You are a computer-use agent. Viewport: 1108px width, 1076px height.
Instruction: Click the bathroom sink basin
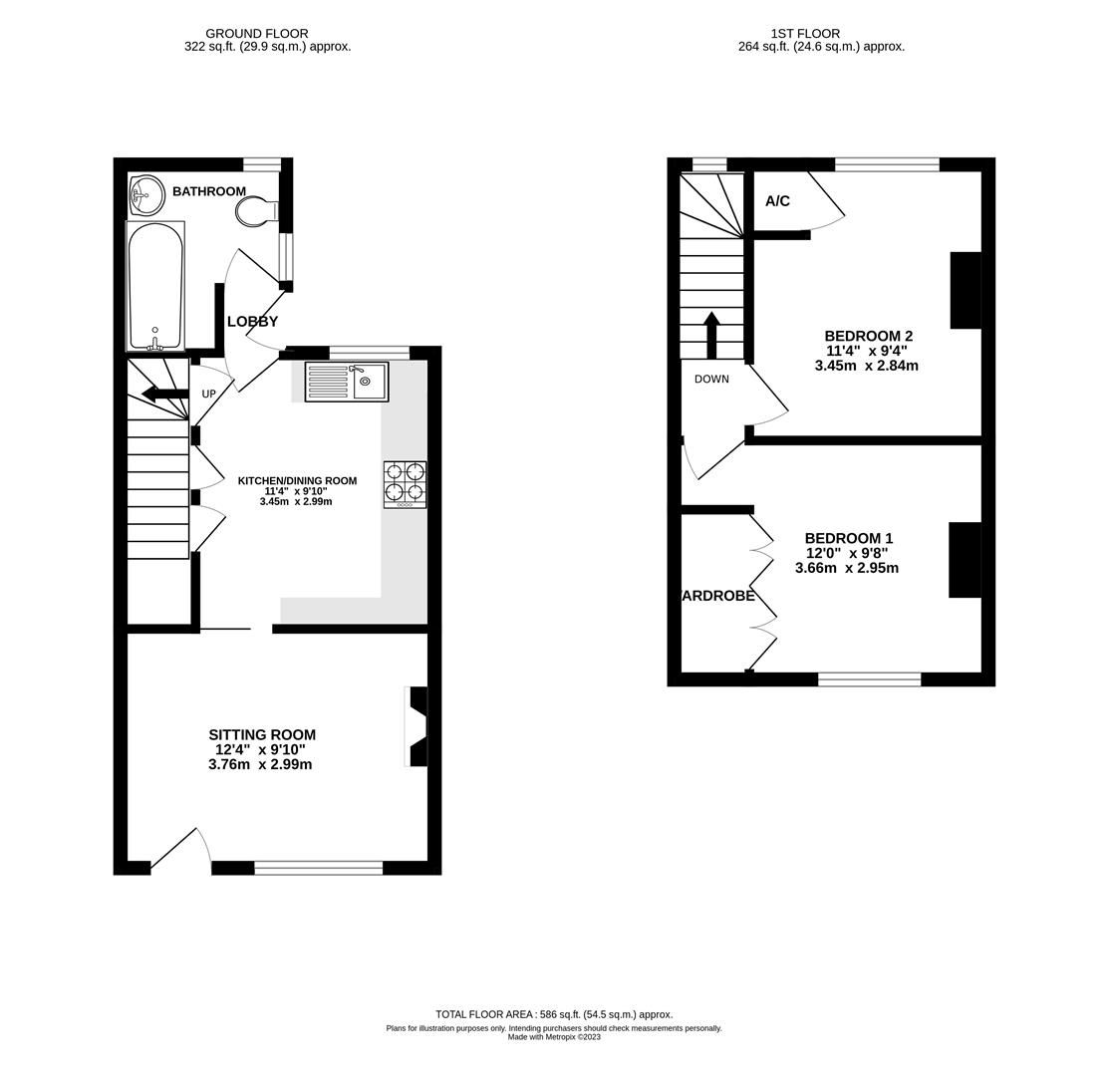click(146, 195)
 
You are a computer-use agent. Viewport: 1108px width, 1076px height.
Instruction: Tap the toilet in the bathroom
click(256, 210)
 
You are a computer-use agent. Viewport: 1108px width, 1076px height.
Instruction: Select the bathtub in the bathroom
click(155, 285)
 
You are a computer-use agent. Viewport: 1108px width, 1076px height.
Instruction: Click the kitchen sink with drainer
click(346, 382)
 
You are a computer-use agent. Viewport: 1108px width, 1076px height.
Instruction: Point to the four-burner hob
click(405, 484)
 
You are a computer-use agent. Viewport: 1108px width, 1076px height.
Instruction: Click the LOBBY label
click(252, 322)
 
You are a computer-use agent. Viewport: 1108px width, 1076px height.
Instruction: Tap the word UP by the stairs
click(208, 395)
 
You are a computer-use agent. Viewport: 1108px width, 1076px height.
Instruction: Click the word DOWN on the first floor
click(711, 380)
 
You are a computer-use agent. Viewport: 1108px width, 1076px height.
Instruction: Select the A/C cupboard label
click(777, 201)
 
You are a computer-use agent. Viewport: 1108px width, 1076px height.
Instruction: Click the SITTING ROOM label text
click(262, 735)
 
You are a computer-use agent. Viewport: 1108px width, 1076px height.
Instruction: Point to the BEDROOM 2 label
click(868, 337)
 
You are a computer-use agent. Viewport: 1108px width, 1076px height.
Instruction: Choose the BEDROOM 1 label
click(848, 539)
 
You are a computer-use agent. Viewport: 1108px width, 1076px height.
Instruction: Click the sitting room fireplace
click(417, 726)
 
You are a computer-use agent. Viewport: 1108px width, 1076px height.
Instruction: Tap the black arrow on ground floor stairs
click(164, 394)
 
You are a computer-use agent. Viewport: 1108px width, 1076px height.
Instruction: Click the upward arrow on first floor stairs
click(711, 335)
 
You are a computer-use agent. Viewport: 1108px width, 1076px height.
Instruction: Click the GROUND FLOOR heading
click(257, 34)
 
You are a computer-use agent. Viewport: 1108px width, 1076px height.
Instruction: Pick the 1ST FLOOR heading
click(805, 34)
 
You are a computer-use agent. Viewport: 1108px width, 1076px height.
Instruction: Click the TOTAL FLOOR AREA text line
click(554, 1014)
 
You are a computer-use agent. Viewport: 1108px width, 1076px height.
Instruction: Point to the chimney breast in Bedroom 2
click(965, 290)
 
